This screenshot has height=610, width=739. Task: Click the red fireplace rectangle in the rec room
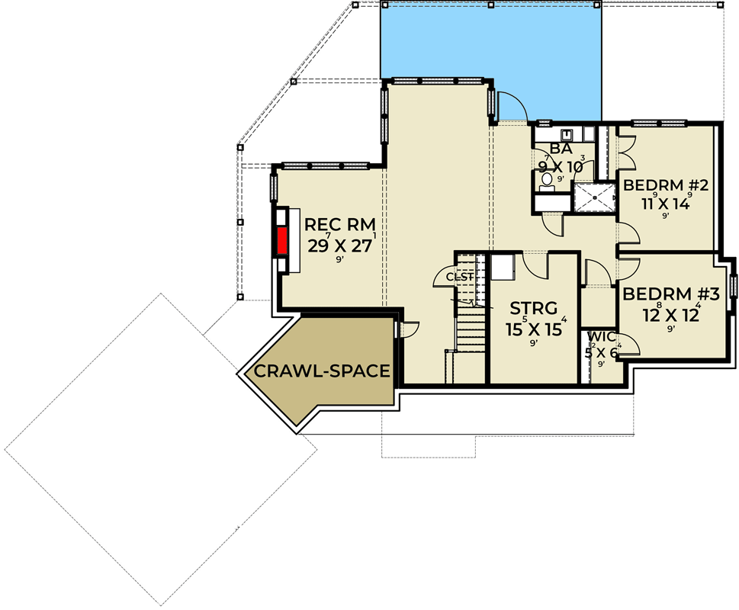tap(281, 241)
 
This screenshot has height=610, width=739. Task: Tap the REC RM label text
tap(339, 226)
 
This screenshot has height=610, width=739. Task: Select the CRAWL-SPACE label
tap(322, 371)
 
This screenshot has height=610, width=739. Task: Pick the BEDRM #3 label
tap(661, 295)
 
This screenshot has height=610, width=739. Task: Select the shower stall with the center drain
tap(593, 198)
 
